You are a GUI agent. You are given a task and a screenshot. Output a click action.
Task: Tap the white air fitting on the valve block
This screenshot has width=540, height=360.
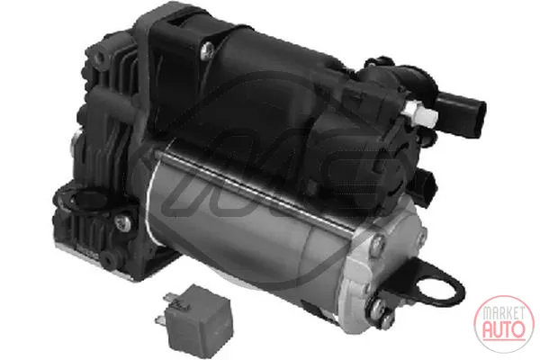point(421,113)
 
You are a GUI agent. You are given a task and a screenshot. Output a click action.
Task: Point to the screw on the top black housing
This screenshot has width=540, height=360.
point(207,51)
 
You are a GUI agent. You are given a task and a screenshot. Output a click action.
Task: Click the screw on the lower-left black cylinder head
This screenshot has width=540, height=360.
point(123,222)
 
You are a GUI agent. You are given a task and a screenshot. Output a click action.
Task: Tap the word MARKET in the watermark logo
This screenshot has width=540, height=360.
point(504,313)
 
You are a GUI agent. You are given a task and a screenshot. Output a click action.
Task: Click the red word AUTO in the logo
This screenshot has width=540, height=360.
point(504,328)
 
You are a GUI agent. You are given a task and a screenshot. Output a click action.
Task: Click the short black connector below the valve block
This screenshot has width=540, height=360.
point(427,185)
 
